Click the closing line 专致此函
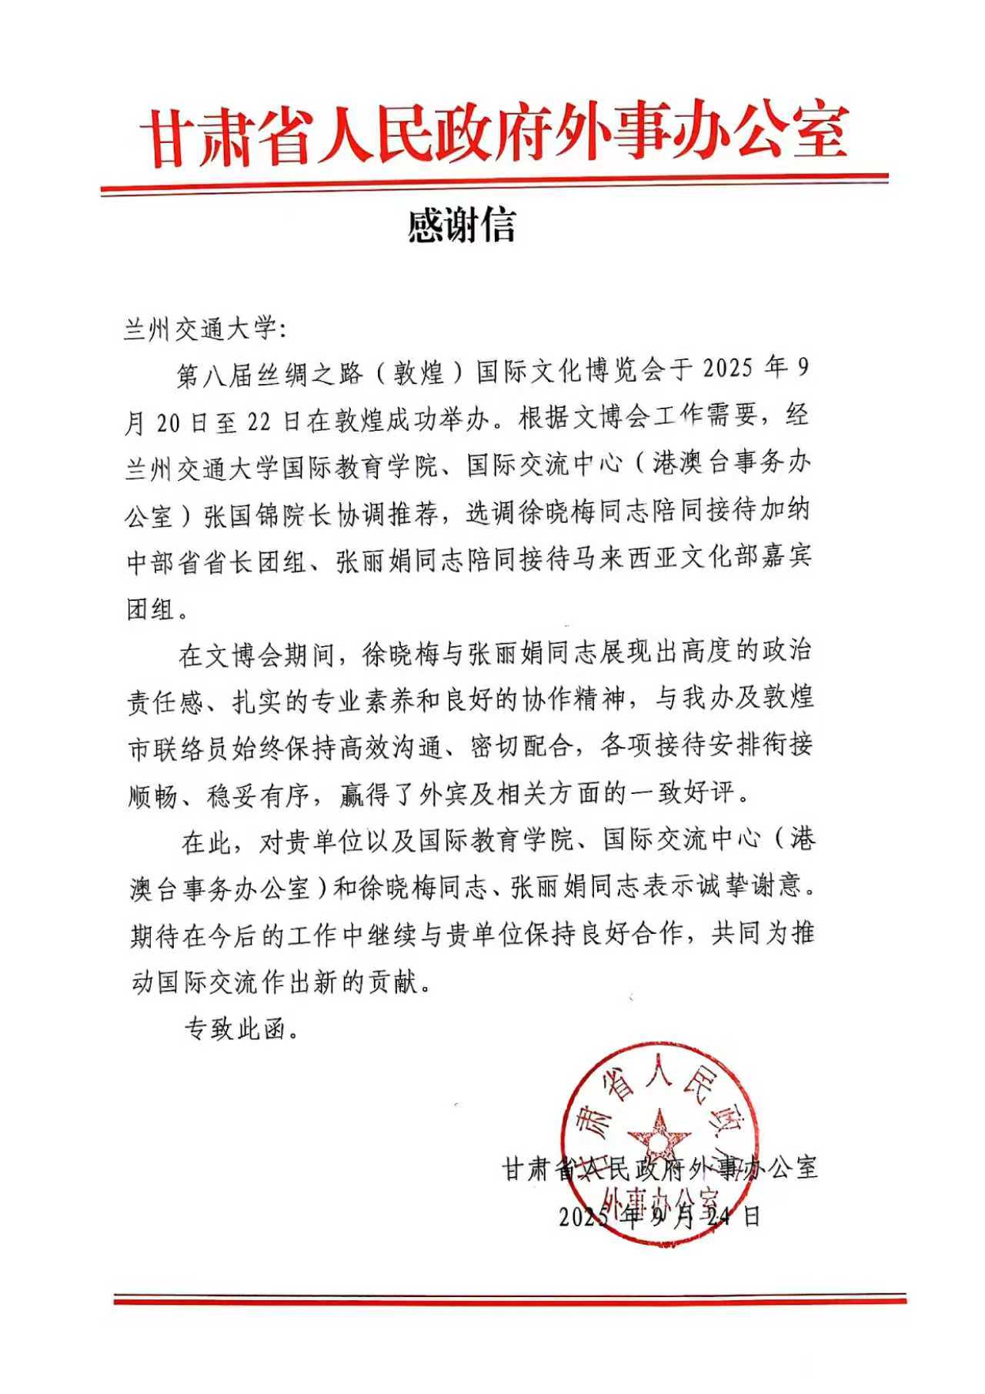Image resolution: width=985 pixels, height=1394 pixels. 241,1029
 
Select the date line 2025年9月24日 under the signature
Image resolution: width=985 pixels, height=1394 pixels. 659,1216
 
